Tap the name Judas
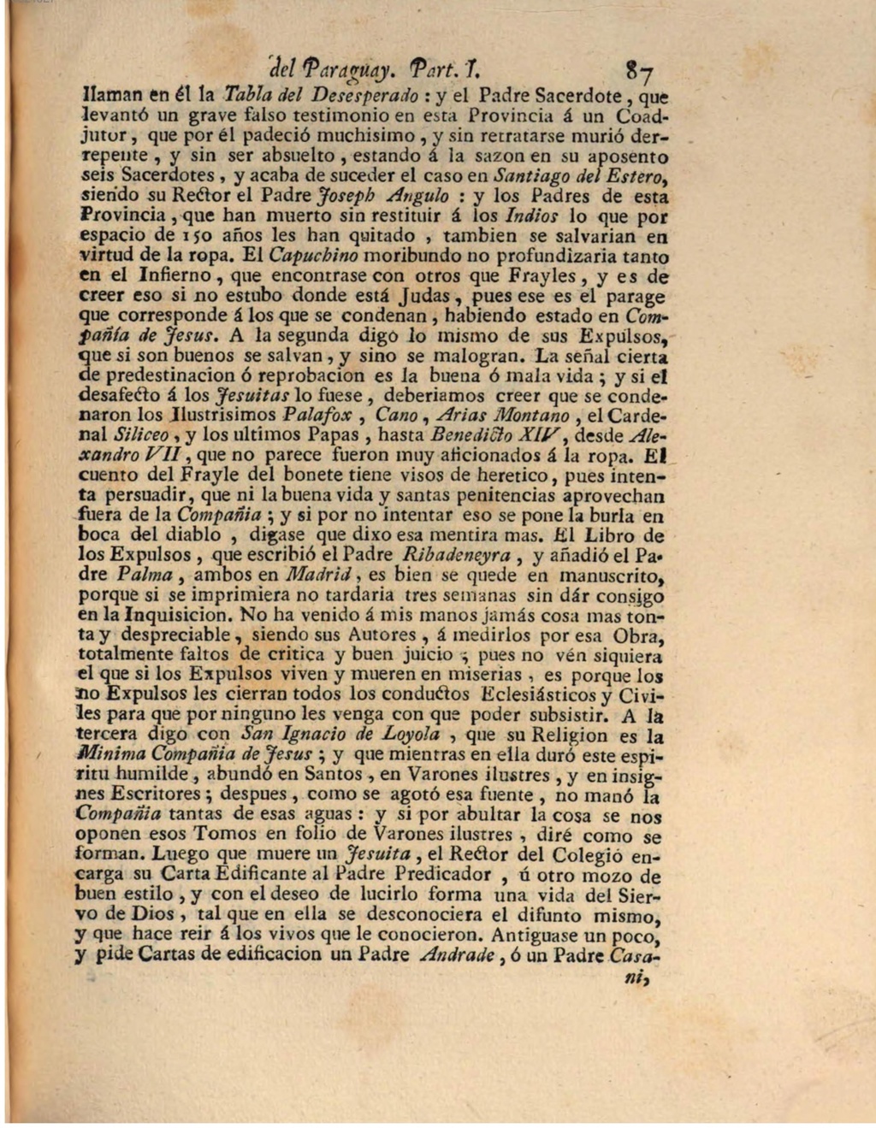click(427, 297)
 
